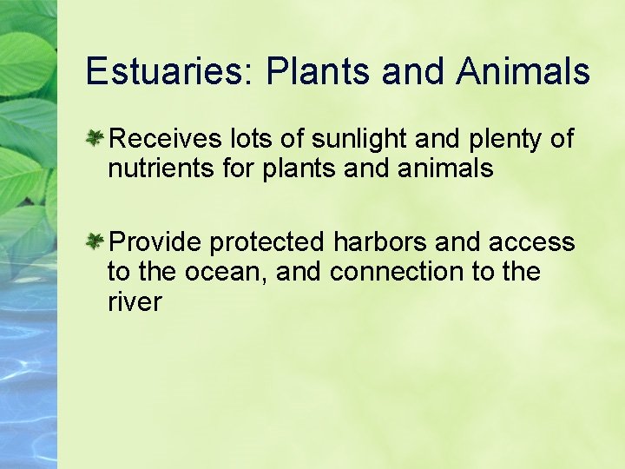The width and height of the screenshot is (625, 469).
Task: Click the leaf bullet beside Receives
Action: click(x=95, y=137)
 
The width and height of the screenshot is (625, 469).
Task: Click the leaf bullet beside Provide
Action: click(x=95, y=241)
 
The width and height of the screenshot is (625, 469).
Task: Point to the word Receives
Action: click(x=166, y=138)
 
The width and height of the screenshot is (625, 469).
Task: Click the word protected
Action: click(x=267, y=241)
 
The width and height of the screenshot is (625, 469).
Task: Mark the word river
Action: click(x=135, y=302)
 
